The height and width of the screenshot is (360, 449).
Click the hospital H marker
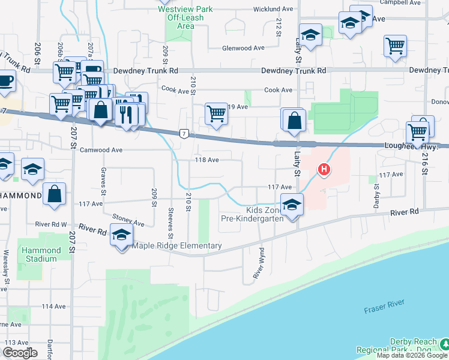coord(324,170)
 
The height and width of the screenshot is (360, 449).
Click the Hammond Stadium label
coord(41,254)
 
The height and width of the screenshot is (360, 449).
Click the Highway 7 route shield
coord(184,133)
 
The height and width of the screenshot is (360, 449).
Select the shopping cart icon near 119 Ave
coord(216,113)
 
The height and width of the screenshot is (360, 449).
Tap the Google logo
coord(21,352)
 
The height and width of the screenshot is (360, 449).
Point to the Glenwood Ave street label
coord(243,48)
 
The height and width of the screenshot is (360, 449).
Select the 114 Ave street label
coord(53,306)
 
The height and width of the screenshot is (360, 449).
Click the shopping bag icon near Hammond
coord(54,194)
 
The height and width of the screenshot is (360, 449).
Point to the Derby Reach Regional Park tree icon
coord(444,343)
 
